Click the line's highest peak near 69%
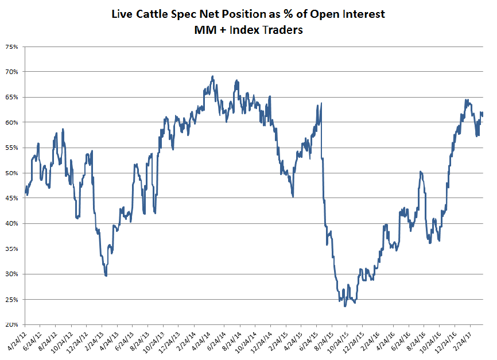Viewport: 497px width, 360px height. coord(213,76)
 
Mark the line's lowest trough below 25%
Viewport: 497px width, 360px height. coord(345,306)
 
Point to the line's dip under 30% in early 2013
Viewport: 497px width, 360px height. coord(106,276)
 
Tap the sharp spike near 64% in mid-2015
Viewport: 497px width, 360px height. coord(321,103)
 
